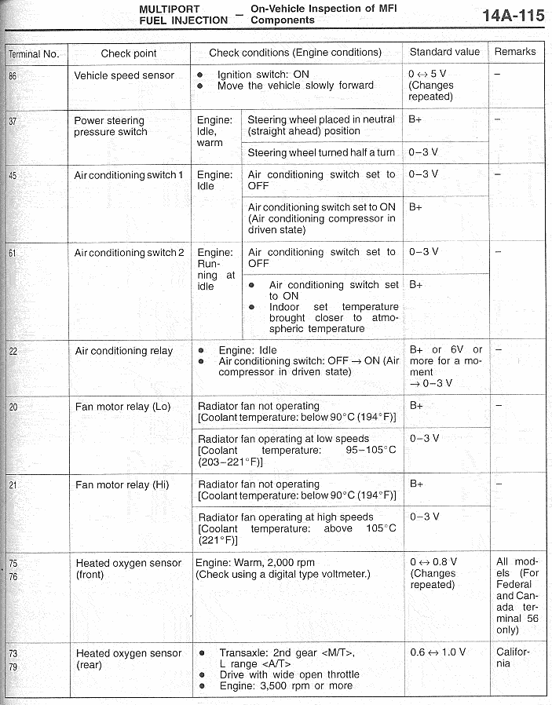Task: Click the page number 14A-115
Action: [x=513, y=16]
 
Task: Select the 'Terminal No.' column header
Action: [x=34, y=54]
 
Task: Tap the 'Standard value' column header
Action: [x=444, y=52]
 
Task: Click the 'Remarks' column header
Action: [x=515, y=52]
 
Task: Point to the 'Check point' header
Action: [x=129, y=53]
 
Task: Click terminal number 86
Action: [x=12, y=76]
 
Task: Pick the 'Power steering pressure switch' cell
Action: [x=110, y=126]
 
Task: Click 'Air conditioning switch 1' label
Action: [x=129, y=175]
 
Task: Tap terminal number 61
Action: [x=12, y=253]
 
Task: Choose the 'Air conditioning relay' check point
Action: [x=124, y=351]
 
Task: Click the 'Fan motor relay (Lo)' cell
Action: [x=122, y=407]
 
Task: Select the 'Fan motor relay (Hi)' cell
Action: [x=122, y=484]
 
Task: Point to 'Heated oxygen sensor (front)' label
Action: [x=128, y=568]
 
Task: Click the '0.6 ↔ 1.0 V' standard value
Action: [x=437, y=652]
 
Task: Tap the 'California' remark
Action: [x=513, y=658]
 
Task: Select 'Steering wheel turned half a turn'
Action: [x=321, y=152]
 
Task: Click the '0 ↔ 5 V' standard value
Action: [x=427, y=75]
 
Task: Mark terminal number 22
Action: [x=13, y=351]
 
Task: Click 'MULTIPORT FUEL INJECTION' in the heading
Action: [x=183, y=14]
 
